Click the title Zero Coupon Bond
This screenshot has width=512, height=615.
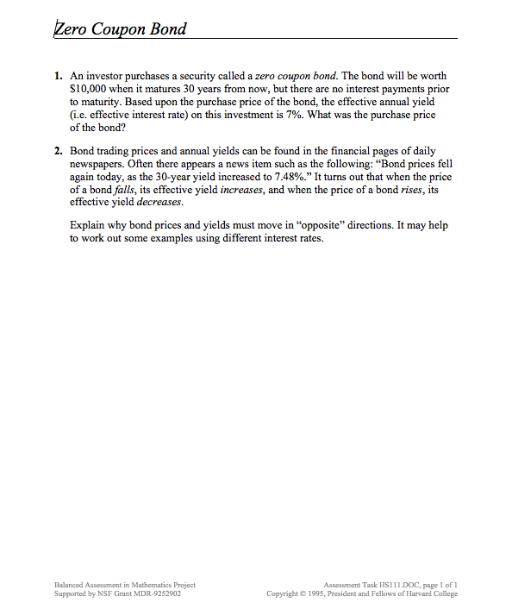(x=120, y=28)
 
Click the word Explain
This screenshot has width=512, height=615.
(x=88, y=226)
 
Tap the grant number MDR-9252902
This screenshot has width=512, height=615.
(x=156, y=593)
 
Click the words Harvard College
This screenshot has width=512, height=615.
(x=431, y=593)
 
